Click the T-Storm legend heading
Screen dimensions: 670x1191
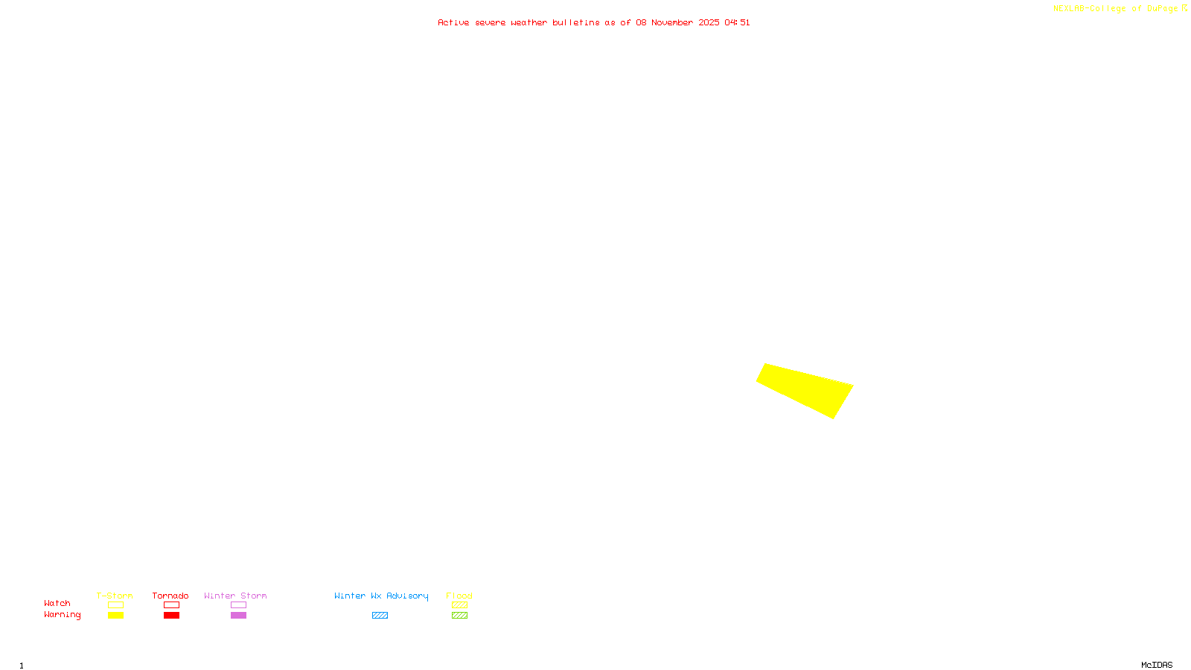click(x=115, y=596)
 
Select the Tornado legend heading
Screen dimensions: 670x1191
click(x=170, y=596)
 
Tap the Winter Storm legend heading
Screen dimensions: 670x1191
click(x=235, y=596)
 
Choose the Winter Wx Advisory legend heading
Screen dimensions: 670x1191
click(x=381, y=596)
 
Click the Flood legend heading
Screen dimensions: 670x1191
click(x=459, y=596)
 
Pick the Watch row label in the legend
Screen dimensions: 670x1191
click(x=57, y=603)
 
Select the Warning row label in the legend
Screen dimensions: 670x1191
click(x=62, y=615)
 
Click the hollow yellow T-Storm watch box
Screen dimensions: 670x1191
click(x=115, y=605)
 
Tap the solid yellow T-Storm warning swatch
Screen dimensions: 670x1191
click(x=115, y=616)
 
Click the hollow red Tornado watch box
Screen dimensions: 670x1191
click(x=172, y=605)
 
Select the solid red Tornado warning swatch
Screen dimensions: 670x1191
click(x=172, y=616)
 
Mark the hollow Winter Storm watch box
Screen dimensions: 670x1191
click(x=238, y=605)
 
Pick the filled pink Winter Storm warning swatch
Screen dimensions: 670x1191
click(x=238, y=616)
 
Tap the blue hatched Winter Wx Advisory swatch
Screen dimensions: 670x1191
click(x=380, y=616)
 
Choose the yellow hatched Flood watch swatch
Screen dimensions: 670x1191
click(x=459, y=605)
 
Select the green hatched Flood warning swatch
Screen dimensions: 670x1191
click(x=459, y=616)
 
